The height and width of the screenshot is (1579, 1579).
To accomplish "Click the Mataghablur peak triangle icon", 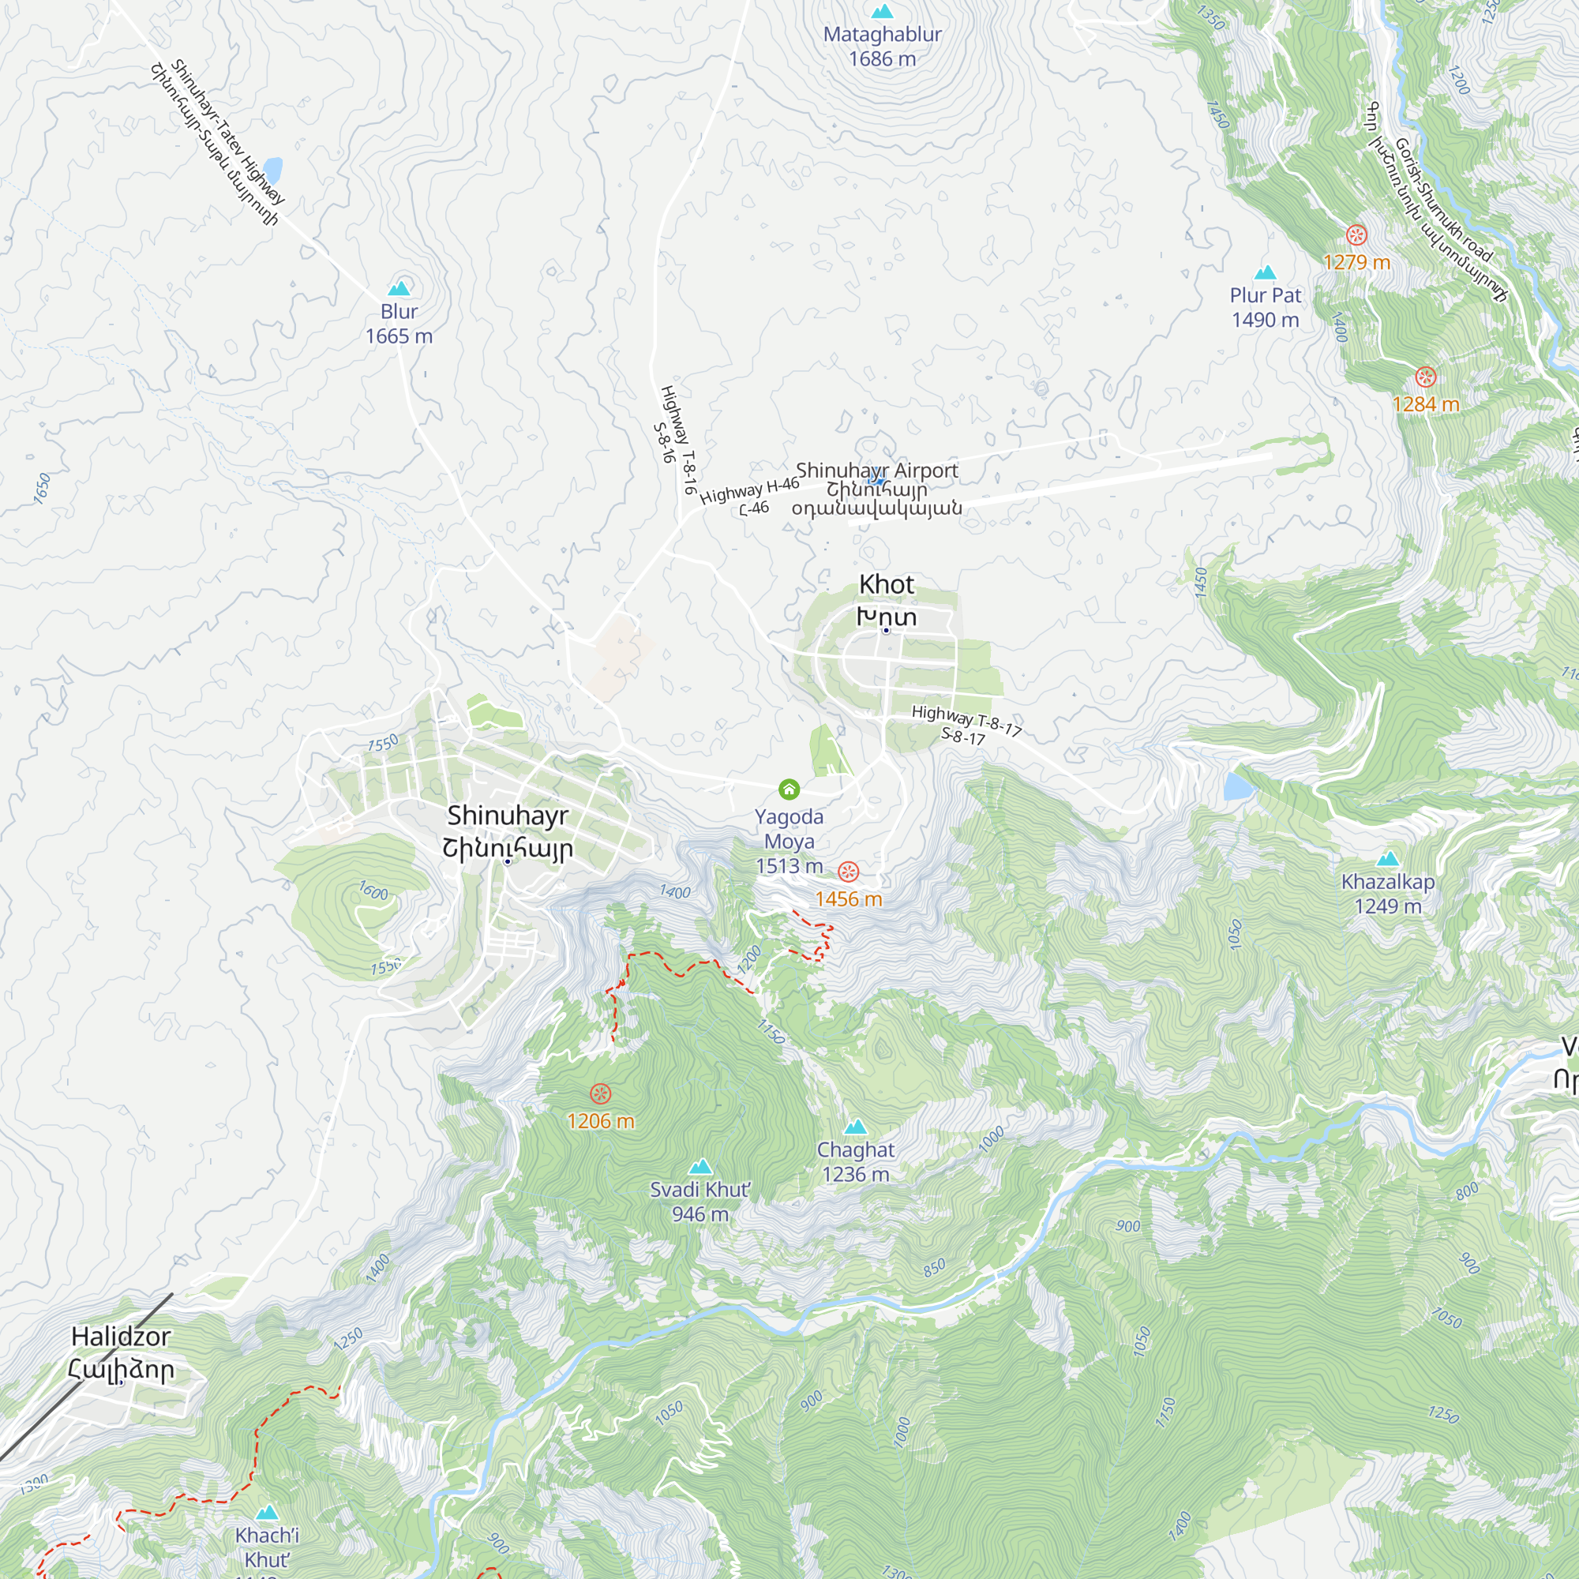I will (882, 11).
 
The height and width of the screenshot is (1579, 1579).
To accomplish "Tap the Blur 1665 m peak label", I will (399, 324).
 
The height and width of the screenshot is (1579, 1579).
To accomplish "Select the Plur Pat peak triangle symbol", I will (1265, 273).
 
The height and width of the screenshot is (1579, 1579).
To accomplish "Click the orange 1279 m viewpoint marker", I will (1356, 236).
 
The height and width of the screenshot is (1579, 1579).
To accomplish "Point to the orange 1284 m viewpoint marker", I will (1425, 377).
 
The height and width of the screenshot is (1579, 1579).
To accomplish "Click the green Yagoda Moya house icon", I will (789, 789).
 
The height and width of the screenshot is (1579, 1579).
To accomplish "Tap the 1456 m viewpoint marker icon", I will (850, 872).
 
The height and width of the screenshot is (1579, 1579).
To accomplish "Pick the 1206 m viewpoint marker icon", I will (601, 1093).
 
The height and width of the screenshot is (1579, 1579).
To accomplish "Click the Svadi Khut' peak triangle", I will (699, 1167).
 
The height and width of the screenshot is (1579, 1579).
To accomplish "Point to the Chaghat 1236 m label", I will (856, 1161).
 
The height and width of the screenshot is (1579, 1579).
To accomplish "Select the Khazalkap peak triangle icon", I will (1388, 859).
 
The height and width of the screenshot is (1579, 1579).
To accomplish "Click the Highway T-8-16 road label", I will (678, 440).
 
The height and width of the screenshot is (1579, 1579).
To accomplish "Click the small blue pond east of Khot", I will (1239, 786).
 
